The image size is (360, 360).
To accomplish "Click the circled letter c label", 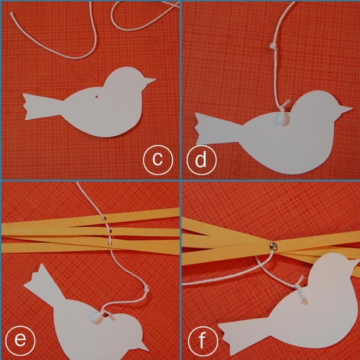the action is (x=157, y=160).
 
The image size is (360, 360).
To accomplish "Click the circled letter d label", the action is (x=201, y=160).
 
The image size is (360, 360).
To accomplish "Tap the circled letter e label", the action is (x=20, y=341).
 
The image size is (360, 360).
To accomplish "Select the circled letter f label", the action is (x=203, y=341).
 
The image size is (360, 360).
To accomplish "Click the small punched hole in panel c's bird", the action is (x=97, y=97).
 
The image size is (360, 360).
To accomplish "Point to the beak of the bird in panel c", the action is (x=149, y=81).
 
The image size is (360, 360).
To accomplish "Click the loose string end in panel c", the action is (x=11, y=14).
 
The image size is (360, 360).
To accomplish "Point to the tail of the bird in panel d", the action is (x=218, y=129).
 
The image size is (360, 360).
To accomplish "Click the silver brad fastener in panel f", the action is (x=273, y=246).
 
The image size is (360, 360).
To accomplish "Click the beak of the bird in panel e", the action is (x=143, y=346).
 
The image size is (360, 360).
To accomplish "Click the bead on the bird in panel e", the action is (x=96, y=319).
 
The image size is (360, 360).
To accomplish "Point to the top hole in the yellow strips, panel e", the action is (x=104, y=218).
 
